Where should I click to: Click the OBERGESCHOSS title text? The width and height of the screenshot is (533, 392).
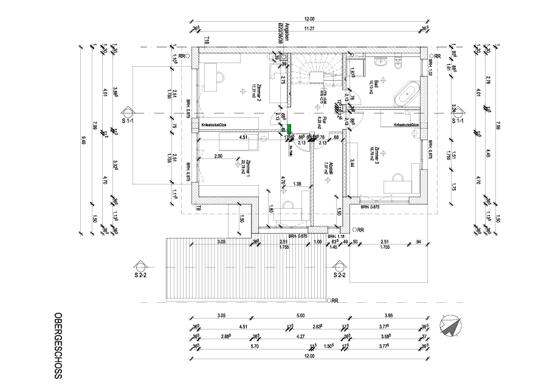tap(58, 346)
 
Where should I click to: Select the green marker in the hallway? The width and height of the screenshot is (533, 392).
tap(290, 129)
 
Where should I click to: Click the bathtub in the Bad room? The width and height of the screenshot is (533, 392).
tap(405, 95)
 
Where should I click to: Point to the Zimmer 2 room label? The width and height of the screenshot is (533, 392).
tap(258, 91)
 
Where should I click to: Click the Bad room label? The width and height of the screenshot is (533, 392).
tap(377, 84)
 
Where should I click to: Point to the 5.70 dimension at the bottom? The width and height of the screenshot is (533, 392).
tap(254, 346)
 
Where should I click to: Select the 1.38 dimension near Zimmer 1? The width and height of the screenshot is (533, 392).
tap(297, 183)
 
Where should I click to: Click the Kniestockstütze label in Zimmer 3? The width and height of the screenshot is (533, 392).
tap(407, 124)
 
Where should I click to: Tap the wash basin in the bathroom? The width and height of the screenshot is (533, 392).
tap(381, 61)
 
